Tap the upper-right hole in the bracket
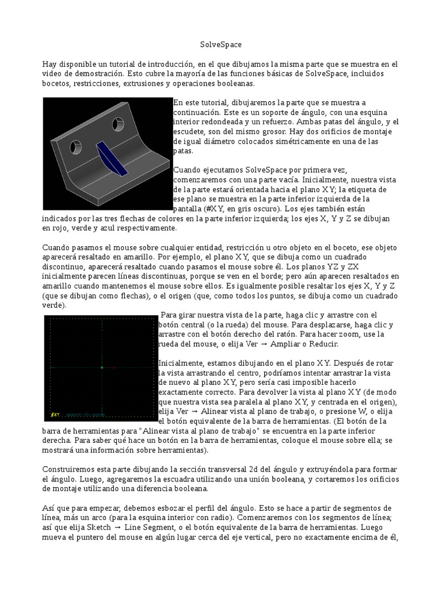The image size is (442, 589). [x=119, y=124]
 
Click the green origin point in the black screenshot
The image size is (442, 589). [x=101, y=367]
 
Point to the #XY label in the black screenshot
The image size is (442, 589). [x=55, y=414]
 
